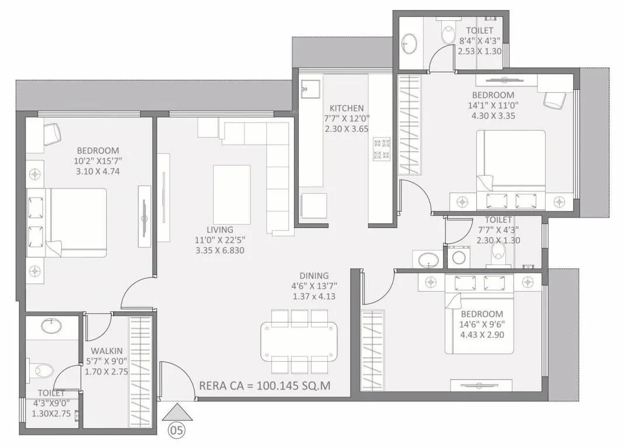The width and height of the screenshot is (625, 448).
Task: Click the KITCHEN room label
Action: click(347, 108)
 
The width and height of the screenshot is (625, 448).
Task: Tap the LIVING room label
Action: click(219, 229)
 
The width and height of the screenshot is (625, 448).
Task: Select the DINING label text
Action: click(315, 275)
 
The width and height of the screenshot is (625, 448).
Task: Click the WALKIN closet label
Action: click(106, 350)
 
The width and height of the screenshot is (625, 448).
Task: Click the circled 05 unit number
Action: click(176, 431)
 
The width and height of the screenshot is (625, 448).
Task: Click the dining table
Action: click(299, 341)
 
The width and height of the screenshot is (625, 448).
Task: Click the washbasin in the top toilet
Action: click(410, 42)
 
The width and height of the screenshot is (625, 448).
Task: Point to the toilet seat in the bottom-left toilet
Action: click(43, 370)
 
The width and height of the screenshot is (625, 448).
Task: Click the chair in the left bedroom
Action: click(52, 134)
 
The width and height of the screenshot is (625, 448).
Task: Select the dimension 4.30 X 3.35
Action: click(493, 116)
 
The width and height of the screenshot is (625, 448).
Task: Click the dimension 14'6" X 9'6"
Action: click(481, 324)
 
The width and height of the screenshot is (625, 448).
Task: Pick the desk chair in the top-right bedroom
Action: click(554, 100)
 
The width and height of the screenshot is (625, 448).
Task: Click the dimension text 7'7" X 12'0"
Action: click(347, 118)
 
